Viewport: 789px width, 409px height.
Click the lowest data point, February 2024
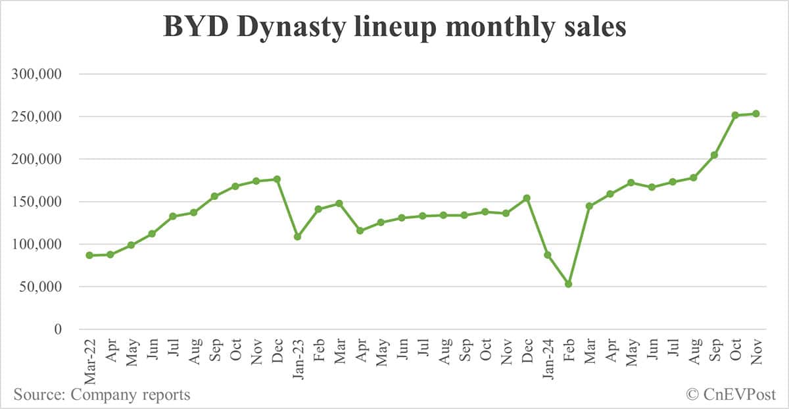click(x=568, y=284)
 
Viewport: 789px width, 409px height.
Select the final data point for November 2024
click(x=756, y=114)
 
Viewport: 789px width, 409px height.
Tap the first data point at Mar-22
click(x=89, y=255)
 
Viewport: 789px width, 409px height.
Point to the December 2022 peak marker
click(x=277, y=179)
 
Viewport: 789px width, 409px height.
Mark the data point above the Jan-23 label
click(x=297, y=236)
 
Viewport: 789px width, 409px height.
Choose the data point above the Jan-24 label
click(x=548, y=254)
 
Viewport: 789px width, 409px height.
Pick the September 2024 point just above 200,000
click(x=714, y=155)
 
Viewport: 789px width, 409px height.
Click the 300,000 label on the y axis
click(x=37, y=74)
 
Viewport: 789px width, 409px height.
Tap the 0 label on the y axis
click(x=57, y=329)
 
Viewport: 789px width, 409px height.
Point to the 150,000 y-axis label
click(x=37, y=202)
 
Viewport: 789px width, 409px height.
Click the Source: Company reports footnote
click(x=102, y=395)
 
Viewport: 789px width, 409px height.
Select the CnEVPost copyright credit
click(x=730, y=395)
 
